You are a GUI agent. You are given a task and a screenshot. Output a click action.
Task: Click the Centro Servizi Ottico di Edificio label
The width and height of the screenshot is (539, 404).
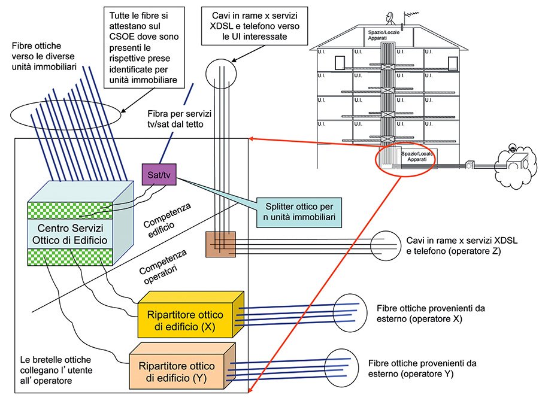tap(72, 234)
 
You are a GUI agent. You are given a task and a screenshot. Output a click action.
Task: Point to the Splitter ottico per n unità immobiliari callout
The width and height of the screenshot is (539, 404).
tap(298, 212)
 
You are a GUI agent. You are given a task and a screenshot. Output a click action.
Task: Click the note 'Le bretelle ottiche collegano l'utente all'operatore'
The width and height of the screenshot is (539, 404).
tap(55, 369)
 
